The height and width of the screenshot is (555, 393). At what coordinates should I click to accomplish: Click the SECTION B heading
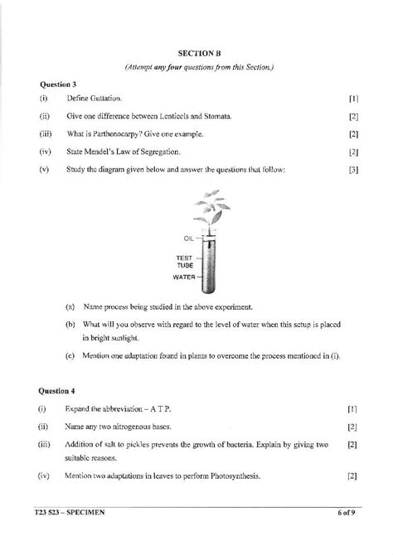click(196, 51)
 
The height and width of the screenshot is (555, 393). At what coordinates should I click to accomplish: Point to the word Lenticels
click(172, 117)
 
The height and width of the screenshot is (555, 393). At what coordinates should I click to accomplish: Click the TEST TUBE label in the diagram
click(183, 262)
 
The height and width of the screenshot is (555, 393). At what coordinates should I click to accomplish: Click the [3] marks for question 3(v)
click(353, 170)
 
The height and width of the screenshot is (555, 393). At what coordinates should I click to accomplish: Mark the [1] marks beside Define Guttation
click(353, 99)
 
